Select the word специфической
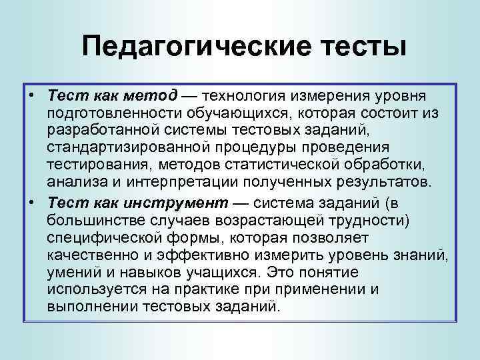106,238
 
